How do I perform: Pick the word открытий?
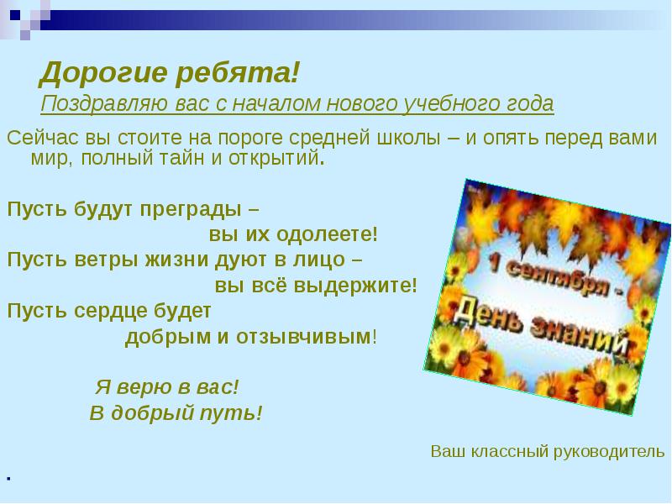pos(276,159)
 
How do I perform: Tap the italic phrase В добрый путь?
pos(176,412)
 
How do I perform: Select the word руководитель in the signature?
pos(612,451)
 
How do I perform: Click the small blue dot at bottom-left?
pos(8,478)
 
